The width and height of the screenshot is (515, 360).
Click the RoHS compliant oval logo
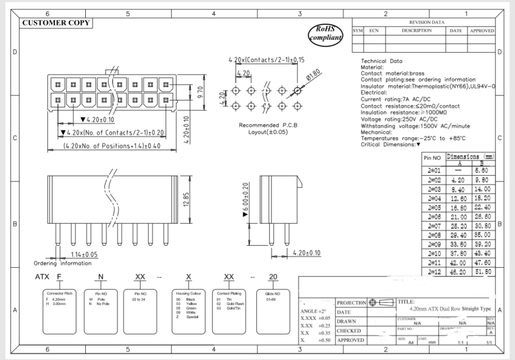[x=326, y=33]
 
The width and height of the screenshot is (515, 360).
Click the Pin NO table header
[x=434, y=159]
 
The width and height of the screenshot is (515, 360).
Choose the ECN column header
[x=374, y=31]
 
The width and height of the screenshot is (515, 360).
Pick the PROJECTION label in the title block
[x=351, y=302]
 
